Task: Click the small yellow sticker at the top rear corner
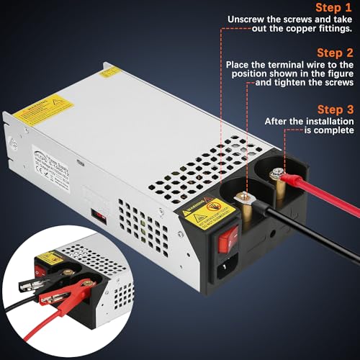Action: pos(110,71)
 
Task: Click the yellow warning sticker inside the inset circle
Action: pos(48,257)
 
